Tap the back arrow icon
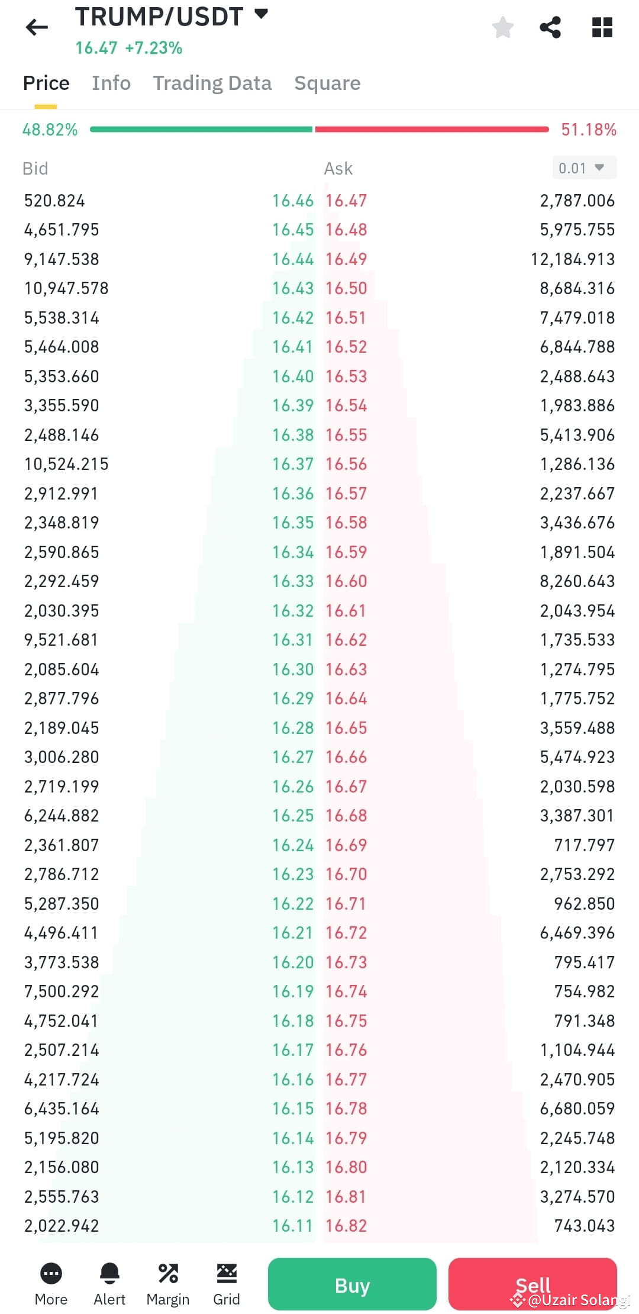pyautogui.click(x=37, y=27)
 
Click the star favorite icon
pyautogui.click(x=503, y=27)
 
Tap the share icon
pyautogui.click(x=550, y=27)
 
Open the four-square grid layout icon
pyautogui.click(x=602, y=27)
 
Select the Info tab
pyautogui.click(x=111, y=83)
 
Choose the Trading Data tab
pyautogui.click(x=212, y=83)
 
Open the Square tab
pyautogui.click(x=327, y=83)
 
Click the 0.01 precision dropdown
pyautogui.click(x=583, y=168)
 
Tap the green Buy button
pyautogui.click(x=352, y=1285)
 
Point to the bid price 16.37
pyautogui.click(x=292, y=464)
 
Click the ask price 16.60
pyautogui.click(x=346, y=581)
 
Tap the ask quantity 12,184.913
pyautogui.click(x=572, y=259)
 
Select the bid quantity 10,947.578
pyautogui.click(x=66, y=288)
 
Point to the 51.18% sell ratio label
pyautogui.click(x=588, y=130)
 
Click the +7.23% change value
pyautogui.click(x=153, y=48)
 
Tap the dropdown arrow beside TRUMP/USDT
pyautogui.click(x=261, y=14)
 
